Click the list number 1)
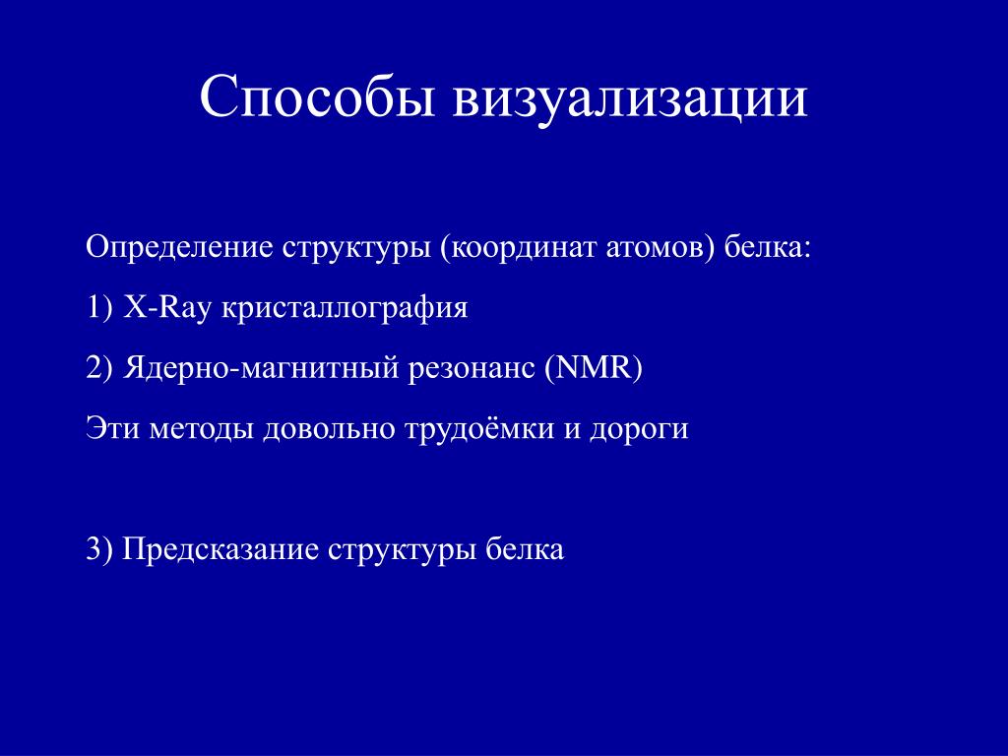click(99, 307)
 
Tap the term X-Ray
click(166, 308)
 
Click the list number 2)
click(99, 368)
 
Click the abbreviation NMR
click(594, 368)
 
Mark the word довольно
click(328, 429)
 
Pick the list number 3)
click(99, 549)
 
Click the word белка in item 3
click(525, 549)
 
